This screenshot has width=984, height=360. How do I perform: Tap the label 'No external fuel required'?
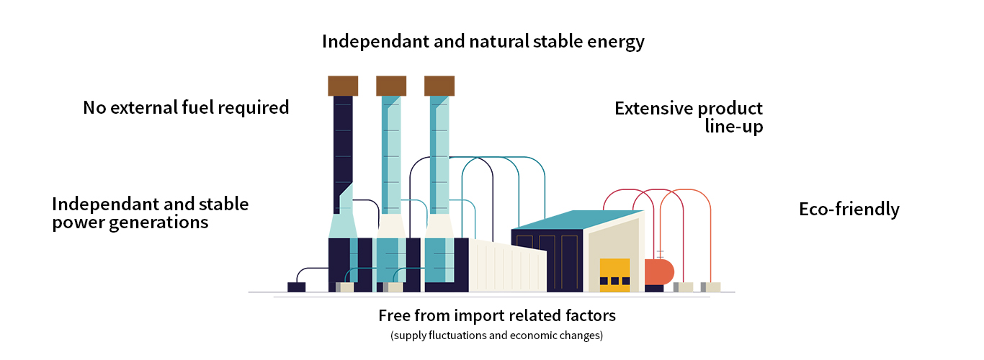186,108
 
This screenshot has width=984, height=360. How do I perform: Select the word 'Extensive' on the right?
653,109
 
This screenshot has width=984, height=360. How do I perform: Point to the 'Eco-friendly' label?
849,210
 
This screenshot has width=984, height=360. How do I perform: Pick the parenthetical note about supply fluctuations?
496,336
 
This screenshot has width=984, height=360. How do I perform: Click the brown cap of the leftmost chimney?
343,86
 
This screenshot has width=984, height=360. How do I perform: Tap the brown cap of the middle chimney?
391,86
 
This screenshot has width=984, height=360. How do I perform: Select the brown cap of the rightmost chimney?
439,86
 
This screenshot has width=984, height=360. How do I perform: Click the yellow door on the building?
614,274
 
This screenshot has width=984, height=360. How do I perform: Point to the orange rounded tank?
659,271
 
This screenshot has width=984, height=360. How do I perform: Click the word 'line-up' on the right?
734,127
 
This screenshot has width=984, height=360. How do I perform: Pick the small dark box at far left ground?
296,287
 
